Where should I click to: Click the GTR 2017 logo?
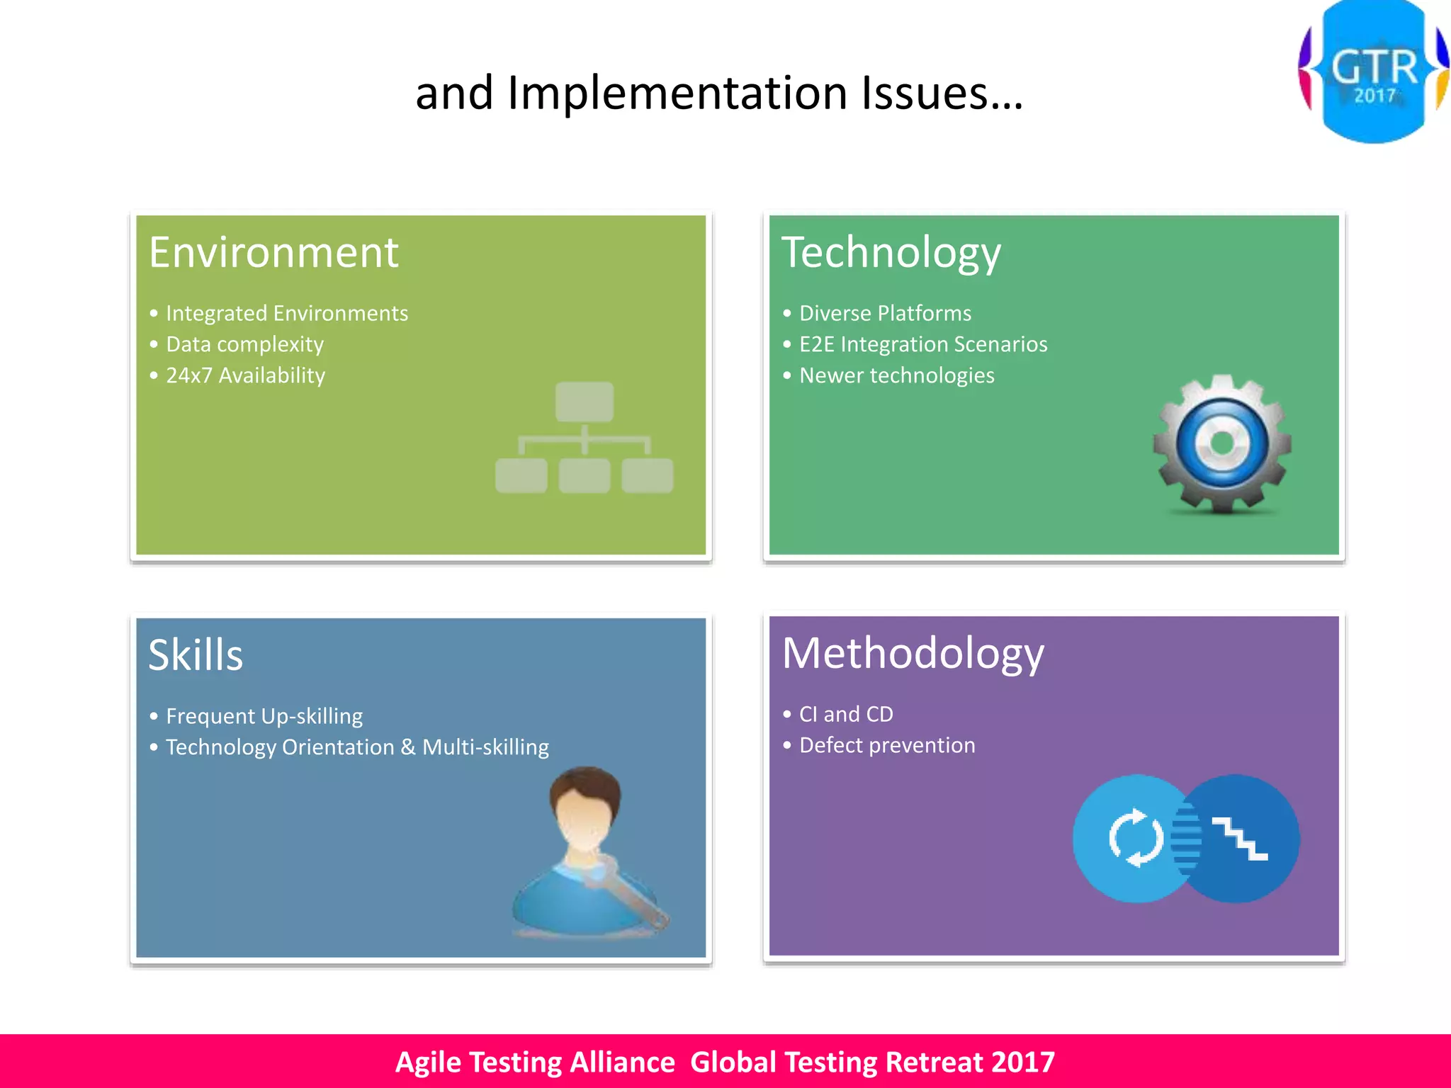(1373, 71)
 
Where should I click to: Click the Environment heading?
(273, 252)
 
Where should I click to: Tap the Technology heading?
(891, 253)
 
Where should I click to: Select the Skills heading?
(196, 654)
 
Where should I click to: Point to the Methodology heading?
(913, 653)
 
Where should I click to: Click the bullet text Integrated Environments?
(286, 313)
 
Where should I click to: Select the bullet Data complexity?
(244, 344)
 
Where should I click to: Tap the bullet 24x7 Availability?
(245, 375)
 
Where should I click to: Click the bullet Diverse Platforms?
(885, 313)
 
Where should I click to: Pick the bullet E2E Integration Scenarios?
(922, 344)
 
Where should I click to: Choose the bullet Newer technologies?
(896, 375)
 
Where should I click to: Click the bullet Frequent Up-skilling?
(264, 716)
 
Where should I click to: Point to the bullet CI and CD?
(846, 714)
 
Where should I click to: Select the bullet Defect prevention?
(887, 745)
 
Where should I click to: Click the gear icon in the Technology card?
(1222, 443)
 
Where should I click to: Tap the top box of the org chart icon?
(585, 402)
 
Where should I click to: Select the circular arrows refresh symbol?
(1136, 838)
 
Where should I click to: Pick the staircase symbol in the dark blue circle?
(1240, 839)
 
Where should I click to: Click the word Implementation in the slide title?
(677, 93)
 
